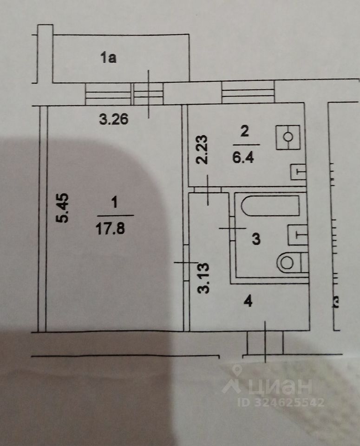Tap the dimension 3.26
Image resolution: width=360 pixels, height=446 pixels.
point(114,119)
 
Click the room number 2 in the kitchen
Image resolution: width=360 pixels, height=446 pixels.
point(244,131)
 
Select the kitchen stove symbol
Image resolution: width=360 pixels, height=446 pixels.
point(288,137)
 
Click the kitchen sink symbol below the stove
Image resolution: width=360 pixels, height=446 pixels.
point(298,172)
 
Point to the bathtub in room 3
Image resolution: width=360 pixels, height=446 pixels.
point(271,206)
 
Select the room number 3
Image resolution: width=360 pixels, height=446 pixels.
point(255,240)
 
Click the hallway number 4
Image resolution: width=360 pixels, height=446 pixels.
point(248,302)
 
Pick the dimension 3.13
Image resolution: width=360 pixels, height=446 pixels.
point(203,278)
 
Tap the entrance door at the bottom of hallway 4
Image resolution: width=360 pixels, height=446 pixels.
point(265,343)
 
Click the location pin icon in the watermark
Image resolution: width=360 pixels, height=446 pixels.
point(237,372)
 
